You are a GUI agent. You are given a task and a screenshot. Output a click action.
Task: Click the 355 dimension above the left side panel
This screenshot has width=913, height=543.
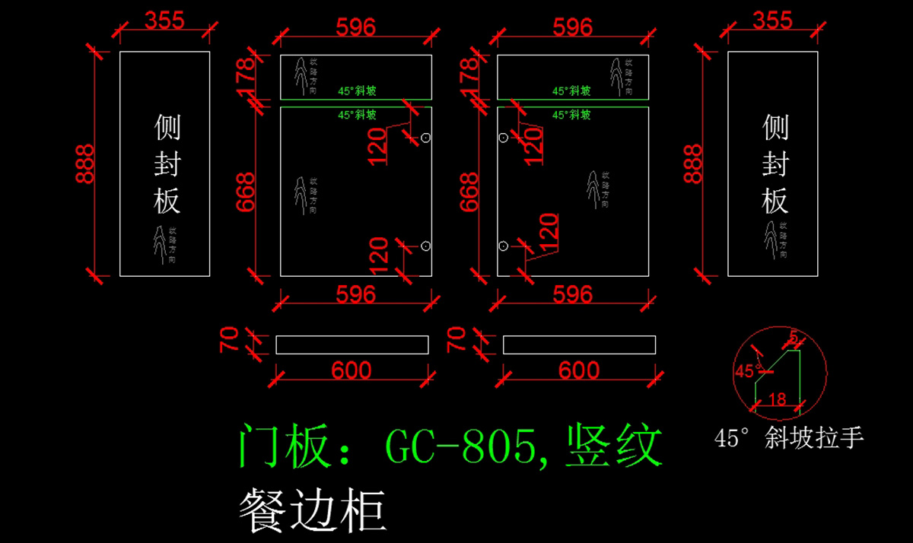click(164, 21)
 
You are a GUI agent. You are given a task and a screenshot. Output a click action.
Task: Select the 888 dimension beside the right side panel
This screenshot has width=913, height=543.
click(692, 164)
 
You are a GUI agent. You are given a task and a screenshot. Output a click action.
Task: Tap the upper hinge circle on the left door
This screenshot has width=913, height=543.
click(426, 138)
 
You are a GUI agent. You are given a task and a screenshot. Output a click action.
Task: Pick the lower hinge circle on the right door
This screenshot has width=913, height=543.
click(503, 246)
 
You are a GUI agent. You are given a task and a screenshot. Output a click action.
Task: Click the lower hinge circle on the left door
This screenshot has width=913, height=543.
click(426, 246)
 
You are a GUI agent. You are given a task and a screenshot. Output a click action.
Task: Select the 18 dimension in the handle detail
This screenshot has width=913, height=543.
click(777, 399)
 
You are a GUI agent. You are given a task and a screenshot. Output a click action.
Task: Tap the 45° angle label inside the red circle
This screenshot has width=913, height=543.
click(748, 371)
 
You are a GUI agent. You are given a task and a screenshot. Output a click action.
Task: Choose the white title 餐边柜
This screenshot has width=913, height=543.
click(311, 510)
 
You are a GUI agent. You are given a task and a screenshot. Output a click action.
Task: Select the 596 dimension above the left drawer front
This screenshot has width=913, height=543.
click(356, 27)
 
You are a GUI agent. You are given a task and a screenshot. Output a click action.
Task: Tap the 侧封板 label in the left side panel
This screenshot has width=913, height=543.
click(167, 164)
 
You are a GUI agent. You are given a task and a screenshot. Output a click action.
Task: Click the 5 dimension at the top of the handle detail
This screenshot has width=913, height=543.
click(794, 336)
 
